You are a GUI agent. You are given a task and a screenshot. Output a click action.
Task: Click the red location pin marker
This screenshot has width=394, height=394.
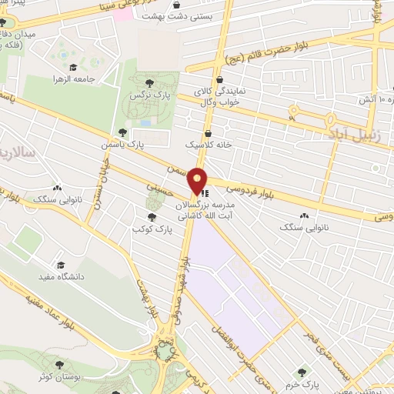coord(198,182)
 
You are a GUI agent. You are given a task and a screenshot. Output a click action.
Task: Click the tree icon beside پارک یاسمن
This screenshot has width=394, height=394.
coord(122,132)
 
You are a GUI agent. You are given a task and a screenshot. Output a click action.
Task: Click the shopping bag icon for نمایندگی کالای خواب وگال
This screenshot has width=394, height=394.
coord(221,79)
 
